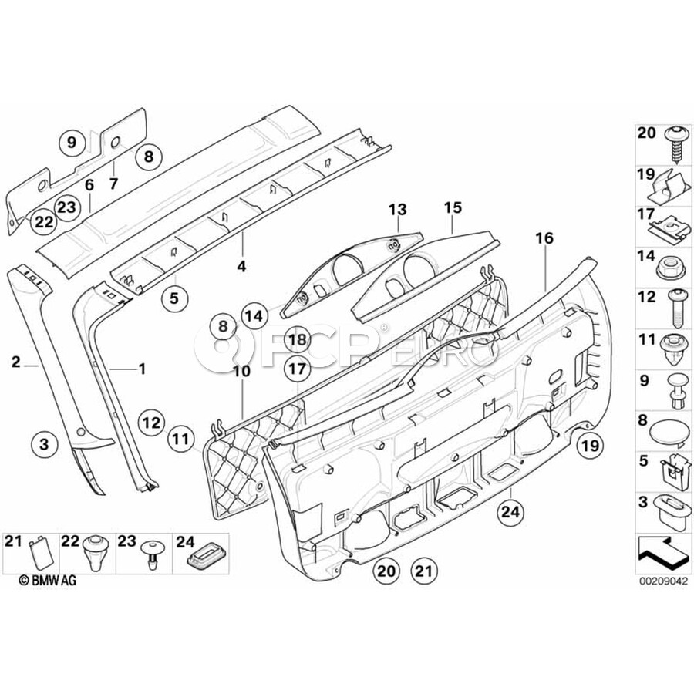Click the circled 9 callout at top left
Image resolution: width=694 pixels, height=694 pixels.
pyautogui.click(x=72, y=142)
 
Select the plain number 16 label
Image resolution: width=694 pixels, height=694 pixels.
pyautogui.click(x=544, y=239)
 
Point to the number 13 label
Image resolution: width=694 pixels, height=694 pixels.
pyautogui.click(x=396, y=209)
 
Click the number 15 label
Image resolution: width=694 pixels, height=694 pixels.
pyautogui.click(x=452, y=207)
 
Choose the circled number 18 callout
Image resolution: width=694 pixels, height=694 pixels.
pyautogui.click(x=298, y=339)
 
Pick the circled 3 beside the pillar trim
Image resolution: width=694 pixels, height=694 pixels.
pyautogui.click(x=44, y=444)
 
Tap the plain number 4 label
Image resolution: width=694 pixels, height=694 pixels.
pyautogui.click(x=241, y=266)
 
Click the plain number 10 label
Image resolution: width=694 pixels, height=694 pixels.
pyautogui.click(x=241, y=371)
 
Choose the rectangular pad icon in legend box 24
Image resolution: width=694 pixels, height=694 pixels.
pyautogui.click(x=206, y=552)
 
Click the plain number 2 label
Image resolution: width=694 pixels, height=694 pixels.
pyautogui.click(x=15, y=360)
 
